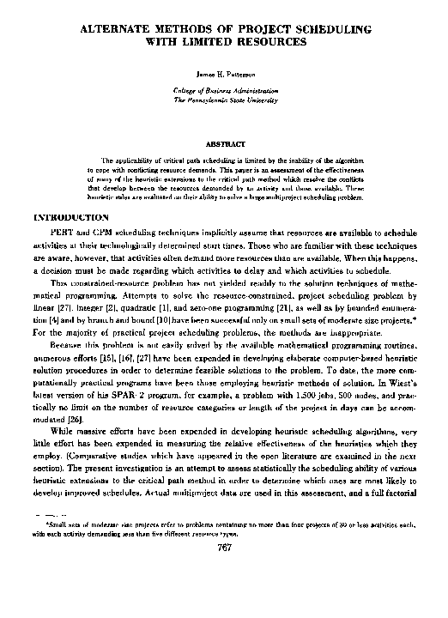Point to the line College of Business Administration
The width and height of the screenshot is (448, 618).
click(225, 90)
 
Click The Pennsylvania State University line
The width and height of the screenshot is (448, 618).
click(225, 100)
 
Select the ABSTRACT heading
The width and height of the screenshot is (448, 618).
click(224, 144)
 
